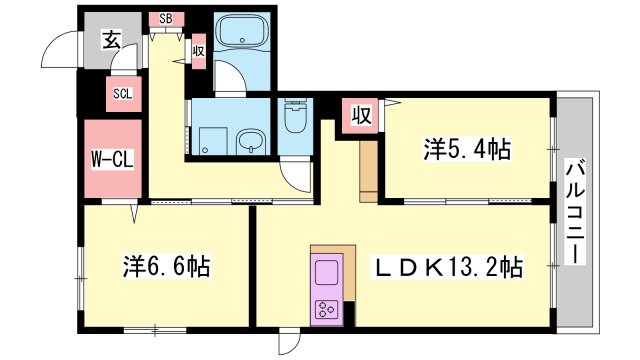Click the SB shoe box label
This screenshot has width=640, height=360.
[x=164, y=18]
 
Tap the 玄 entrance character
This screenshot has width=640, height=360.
[x=111, y=41]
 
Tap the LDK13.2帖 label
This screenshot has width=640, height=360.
[x=450, y=267]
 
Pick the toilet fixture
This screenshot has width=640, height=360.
[x=295, y=121]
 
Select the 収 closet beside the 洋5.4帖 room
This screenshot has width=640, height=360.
[x=361, y=116]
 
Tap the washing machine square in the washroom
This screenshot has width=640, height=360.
[x=211, y=139]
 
